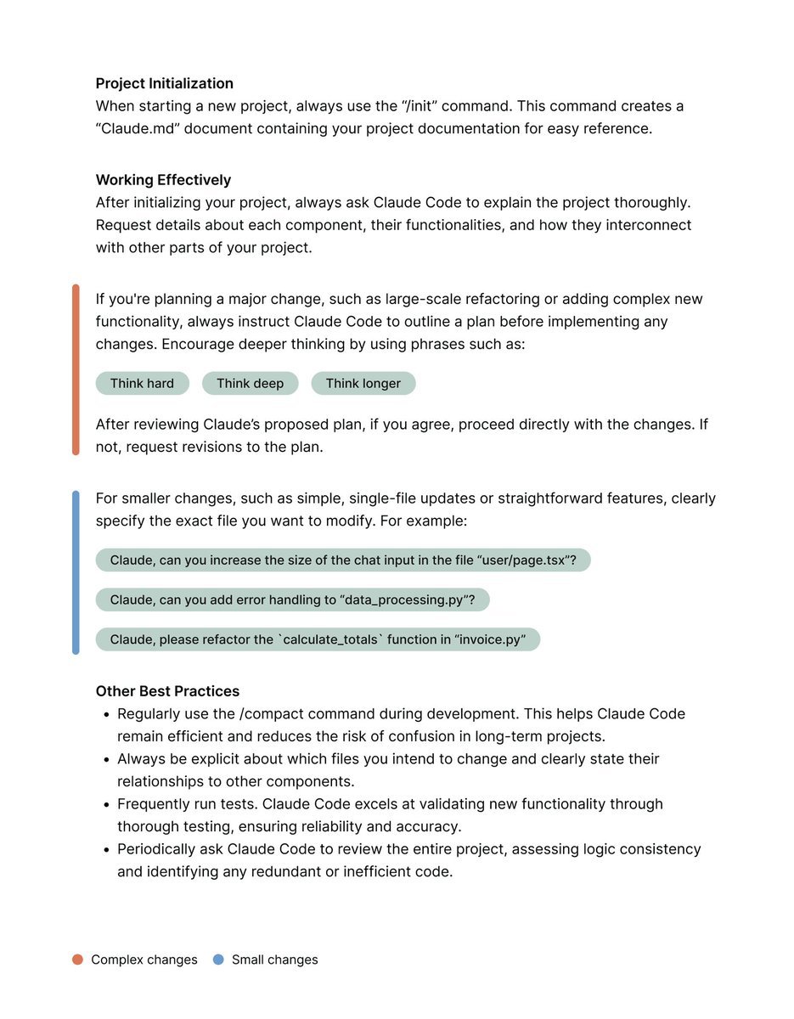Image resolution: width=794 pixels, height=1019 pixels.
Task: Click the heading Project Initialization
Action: point(164,83)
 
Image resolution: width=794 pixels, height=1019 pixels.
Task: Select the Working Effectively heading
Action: point(163,180)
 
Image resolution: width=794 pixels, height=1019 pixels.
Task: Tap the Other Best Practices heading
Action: point(167,691)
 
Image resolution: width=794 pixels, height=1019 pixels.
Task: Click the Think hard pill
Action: point(142,384)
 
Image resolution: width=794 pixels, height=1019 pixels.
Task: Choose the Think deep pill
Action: point(250,384)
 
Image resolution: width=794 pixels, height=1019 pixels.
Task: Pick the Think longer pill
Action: point(363,384)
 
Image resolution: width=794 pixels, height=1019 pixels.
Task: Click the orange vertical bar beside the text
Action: point(76,369)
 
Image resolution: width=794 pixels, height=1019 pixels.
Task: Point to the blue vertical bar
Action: point(76,572)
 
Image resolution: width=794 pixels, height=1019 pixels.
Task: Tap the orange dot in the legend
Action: point(77,960)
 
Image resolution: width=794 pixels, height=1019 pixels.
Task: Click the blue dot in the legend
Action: point(218,960)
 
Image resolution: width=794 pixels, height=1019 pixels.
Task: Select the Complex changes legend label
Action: point(144,960)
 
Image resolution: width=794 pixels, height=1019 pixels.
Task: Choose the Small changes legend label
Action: point(274,960)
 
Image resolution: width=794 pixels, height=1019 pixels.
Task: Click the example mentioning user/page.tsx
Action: point(342,560)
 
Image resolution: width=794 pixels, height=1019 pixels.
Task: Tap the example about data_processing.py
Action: point(292,600)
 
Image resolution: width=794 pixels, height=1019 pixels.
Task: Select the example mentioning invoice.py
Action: point(318,639)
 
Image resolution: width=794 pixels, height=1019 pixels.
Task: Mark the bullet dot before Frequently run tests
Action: point(106,804)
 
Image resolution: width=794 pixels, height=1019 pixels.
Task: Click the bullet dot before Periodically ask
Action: point(106,849)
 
